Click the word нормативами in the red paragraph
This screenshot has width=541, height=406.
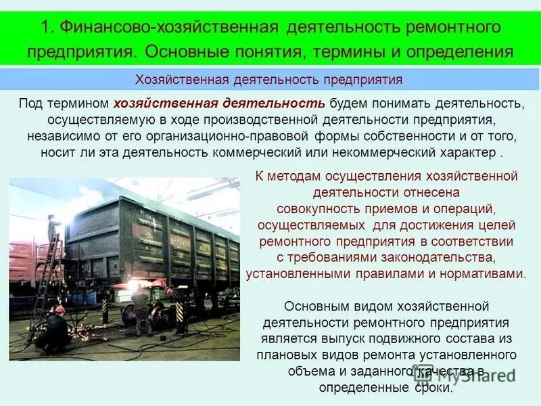(x=480, y=274)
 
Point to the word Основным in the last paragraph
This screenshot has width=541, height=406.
(x=315, y=307)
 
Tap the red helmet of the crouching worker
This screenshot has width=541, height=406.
(x=60, y=309)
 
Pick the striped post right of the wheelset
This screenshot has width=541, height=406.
(x=179, y=315)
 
